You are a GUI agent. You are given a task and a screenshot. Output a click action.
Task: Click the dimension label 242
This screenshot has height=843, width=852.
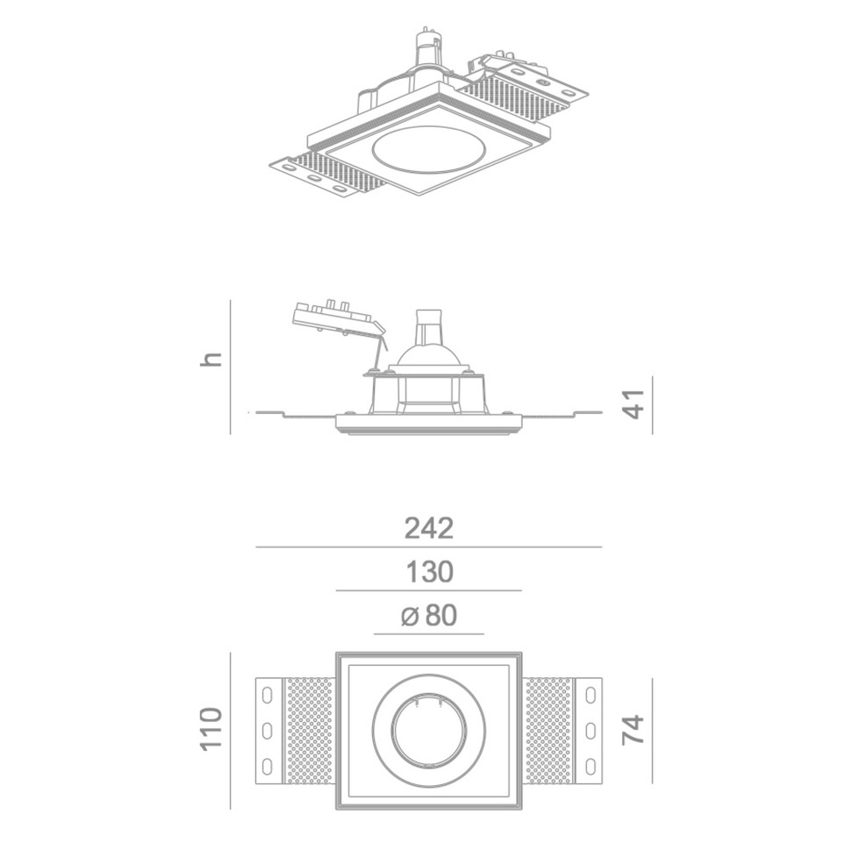pyautogui.click(x=428, y=528)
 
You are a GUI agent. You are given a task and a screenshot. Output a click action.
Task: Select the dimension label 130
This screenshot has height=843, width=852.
pyautogui.click(x=428, y=572)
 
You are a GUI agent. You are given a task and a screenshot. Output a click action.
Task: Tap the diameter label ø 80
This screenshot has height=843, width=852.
pyautogui.click(x=428, y=616)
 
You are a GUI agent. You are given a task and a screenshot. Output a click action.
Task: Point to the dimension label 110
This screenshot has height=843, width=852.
pyautogui.click(x=211, y=729)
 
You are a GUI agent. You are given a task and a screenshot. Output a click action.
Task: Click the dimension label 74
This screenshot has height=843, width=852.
pyautogui.click(x=633, y=729)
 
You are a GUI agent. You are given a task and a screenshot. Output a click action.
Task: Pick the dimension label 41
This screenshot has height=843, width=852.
pyautogui.click(x=633, y=404)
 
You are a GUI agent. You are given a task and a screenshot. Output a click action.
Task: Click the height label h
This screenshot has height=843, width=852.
pyautogui.click(x=211, y=359)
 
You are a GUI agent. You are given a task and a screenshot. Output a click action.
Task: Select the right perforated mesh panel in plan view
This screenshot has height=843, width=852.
pyautogui.click(x=547, y=730)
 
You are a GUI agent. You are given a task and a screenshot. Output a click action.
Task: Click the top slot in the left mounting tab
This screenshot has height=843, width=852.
pyautogui.click(x=268, y=695)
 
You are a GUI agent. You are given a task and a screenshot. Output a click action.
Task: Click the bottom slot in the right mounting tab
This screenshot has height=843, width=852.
pyautogui.click(x=590, y=765)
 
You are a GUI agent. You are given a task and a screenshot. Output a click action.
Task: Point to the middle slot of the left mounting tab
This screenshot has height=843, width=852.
pyautogui.click(x=268, y=730)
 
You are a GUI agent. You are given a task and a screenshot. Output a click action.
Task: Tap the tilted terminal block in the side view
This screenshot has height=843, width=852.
pyautogui.click(x=337, y=319)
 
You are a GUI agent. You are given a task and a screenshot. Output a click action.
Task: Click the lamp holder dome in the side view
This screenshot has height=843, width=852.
pyautogui.click(x=428, y=354)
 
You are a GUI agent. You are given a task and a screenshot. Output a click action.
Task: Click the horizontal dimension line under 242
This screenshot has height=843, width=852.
pyautogui.click(x=428, y=547)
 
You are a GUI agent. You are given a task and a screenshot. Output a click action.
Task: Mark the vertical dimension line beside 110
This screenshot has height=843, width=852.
pyautogui.click(x=230, y=730)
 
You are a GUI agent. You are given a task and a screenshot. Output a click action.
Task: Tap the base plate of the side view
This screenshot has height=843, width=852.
pyautogui.click(x=428, y=425)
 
